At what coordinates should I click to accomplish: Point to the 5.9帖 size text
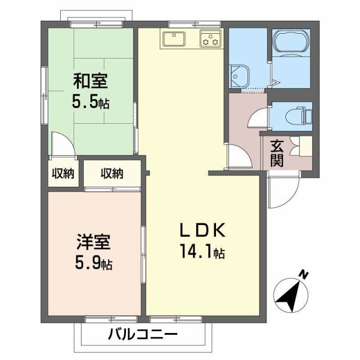tap(93, 263)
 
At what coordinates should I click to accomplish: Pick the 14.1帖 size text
tap(202, 252)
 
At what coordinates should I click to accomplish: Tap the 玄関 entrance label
tap(277, 152)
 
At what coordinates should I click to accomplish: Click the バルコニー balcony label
tap(142, 335)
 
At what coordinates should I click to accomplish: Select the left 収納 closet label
tap(63, 174)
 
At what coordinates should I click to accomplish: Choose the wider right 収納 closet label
tap(112, 174)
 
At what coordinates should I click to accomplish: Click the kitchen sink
tap(175, 39)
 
